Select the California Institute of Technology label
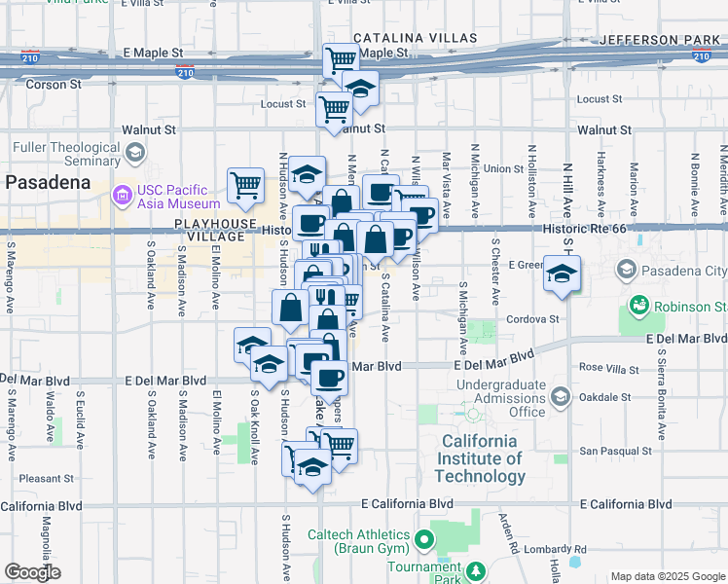[x=480, y=458]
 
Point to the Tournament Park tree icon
[x=475, y=570]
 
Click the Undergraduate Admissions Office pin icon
[x=560, y=397]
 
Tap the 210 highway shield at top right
[x=701, y=56]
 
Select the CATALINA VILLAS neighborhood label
[x=415, y=39]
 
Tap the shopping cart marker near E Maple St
[x=341, y=60]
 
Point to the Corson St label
[x=48, y=85]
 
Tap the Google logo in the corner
[x=32, y=573]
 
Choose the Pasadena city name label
[x=49, y=182]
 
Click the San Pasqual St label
[x=615, y=451]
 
